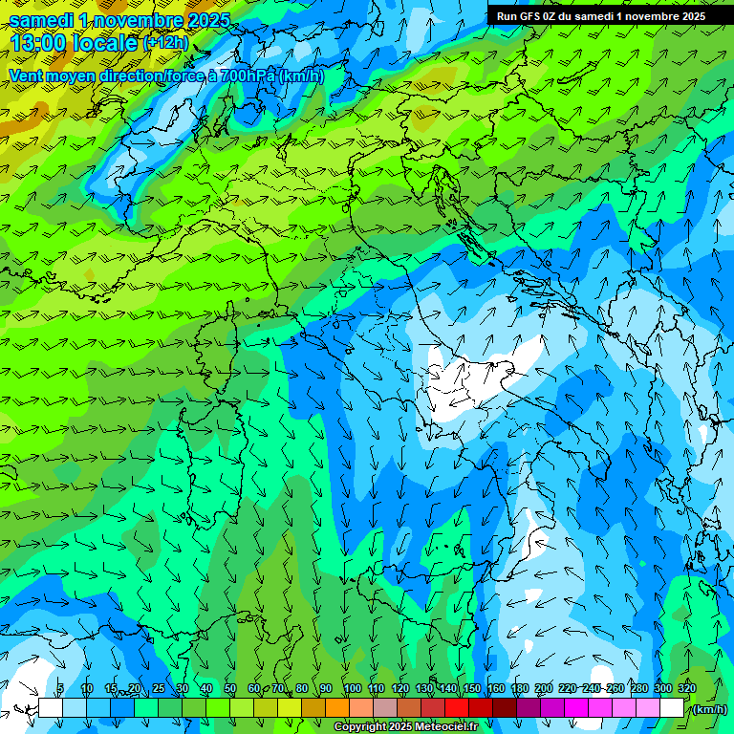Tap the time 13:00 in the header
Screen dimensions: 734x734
[x=39, y=43]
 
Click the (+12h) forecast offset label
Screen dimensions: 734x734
[x=165, y=43]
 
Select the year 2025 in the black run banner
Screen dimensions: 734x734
[x=688, y=16]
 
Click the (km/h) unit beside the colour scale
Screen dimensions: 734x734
[x=708, y=708]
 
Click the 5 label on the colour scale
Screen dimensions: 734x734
[x=60, y=688]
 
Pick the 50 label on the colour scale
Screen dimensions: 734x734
[x=230, y=688]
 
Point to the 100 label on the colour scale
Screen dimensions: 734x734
[x=352, y=688]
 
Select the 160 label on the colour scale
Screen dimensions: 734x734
[x=495, y=688]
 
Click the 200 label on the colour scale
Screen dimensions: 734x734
[x=544, y=688]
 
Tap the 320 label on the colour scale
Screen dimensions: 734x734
[x=686, y=688]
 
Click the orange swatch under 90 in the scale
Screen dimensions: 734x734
[x=337, y=708]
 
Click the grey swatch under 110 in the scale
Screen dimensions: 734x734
[x=385, y=708]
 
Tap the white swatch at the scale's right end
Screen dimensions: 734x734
[x=672, y=708]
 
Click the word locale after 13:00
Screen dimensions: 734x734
[x=105, y=43]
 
